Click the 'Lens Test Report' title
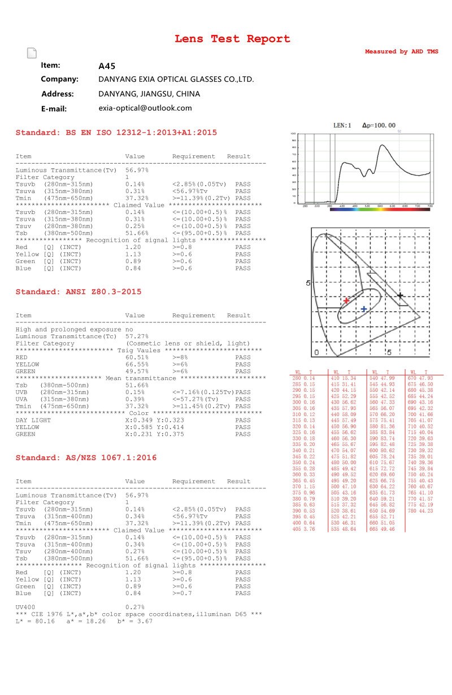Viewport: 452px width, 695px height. (x=232, y=39)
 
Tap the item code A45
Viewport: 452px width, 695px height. (x=107, y=65)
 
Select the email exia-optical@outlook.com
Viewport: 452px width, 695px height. (x=145, y=108)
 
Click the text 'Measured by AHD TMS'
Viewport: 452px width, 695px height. (x=401, y=51)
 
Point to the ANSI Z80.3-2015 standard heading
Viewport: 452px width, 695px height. (x=79, y=292)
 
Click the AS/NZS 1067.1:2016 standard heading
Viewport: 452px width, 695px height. (x=86, y=458)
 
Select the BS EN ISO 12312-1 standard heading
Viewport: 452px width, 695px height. (x=116, y=133)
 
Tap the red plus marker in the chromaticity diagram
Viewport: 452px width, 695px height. (x=346, y=300)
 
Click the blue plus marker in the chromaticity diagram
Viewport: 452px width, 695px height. (x=364, y=309)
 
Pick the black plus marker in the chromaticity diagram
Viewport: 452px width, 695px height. (x=400, y=295)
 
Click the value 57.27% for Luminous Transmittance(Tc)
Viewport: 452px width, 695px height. (x=137, y=336)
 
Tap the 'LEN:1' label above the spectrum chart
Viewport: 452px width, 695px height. (x=342, y=125)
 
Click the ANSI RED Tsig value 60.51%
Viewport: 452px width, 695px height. (x=137, y=357)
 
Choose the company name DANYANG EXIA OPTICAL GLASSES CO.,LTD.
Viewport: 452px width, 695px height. (x=176, y=80)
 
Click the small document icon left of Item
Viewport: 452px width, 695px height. (x=32, y=54)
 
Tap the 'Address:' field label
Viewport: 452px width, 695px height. (x=58, y=94)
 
